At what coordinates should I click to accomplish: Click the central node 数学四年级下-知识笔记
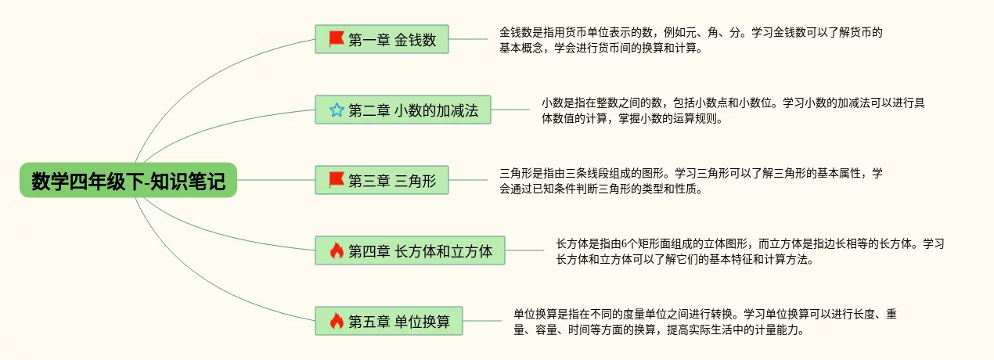tap(128, 181)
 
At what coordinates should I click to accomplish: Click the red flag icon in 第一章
tap(337, 38)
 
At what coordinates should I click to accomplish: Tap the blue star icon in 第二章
tap(337, 110)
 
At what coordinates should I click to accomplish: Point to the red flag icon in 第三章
tap(337, 180)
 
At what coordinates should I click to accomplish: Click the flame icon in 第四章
tap(337, 251)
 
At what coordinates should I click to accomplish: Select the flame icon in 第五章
tap(337, 321)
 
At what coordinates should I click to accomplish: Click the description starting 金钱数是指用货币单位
tap(691, 41)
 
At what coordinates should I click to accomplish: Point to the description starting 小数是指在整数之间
tap(733, 110)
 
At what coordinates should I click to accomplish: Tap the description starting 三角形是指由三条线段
tap(691, 181)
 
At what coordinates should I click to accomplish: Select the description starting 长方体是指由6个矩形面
tap(749, 251)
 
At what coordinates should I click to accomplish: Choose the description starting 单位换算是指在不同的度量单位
tap(704, 322)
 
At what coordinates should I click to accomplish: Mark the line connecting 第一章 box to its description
tap(468, 38)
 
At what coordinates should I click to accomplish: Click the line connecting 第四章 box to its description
tap(524, 250)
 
